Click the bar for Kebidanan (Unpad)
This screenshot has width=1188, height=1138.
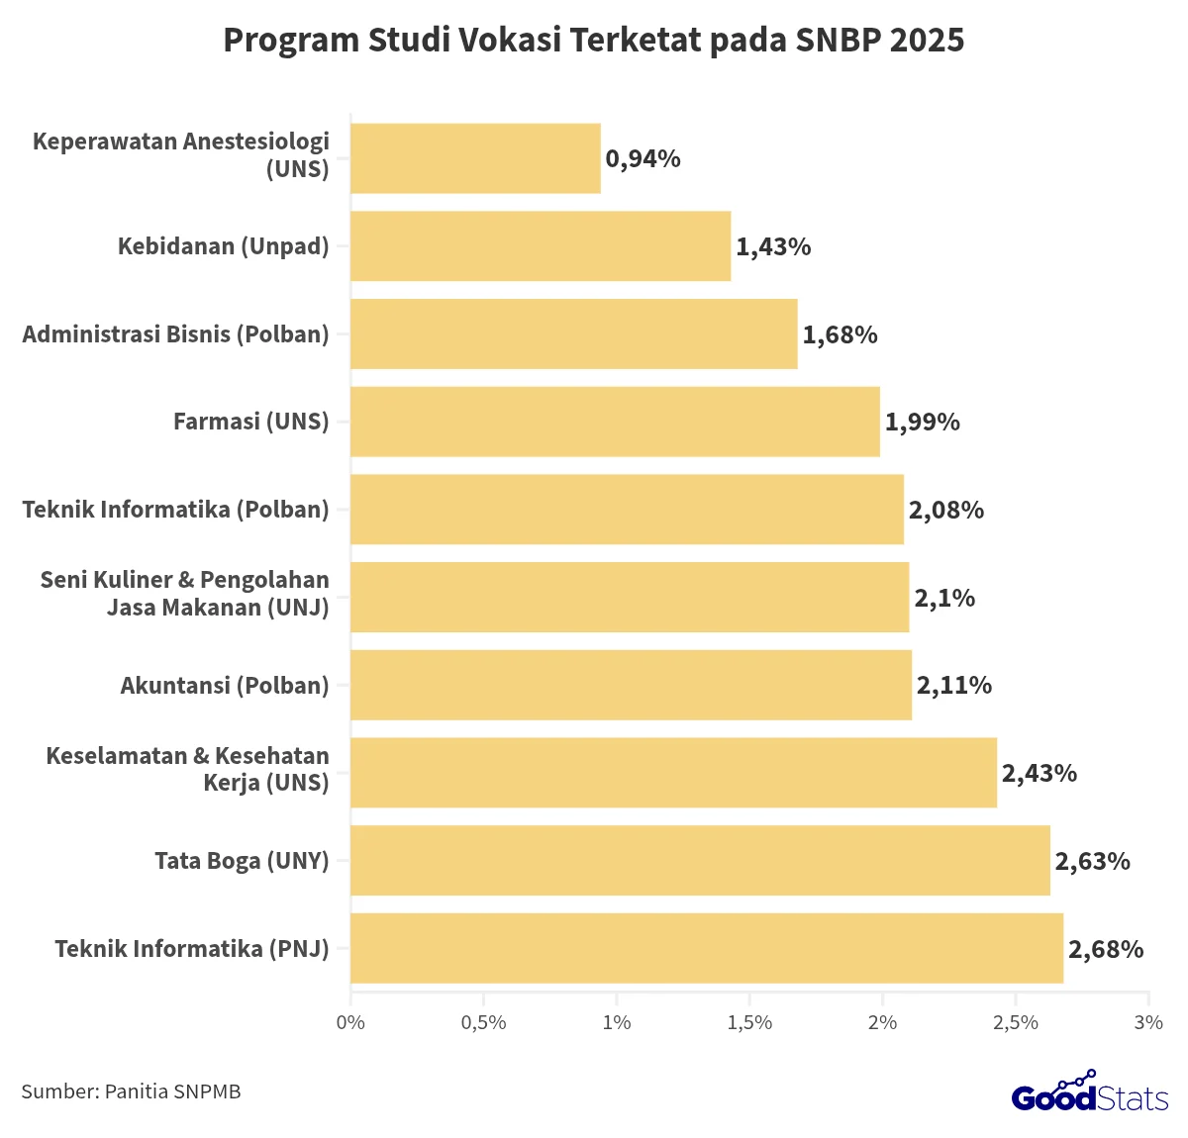point(541,246)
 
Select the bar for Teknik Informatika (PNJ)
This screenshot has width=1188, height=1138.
point(707,948)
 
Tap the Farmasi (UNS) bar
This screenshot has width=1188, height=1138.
point(615,422)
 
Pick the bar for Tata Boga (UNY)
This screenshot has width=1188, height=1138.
point(700,860)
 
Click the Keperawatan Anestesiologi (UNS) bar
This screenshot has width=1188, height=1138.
point(475,158)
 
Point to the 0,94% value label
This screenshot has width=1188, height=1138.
point(643,159)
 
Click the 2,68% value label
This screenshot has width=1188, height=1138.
point(1106,950)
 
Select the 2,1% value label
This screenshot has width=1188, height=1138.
point(944,599)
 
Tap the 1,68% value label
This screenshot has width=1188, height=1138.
point(840,335)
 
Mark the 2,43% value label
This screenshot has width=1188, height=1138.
point(1039,774)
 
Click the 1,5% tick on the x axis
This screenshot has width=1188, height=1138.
point(749,1022)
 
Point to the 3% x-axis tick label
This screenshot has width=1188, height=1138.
point(1148,1022)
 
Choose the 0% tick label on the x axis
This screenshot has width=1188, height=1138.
point(350,1022)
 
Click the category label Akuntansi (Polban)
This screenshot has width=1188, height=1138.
point(225,685)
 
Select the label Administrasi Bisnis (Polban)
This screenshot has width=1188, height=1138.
point(176,334)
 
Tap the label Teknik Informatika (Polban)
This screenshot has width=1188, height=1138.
point(176,510)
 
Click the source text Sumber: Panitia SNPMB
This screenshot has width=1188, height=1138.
point(131,1091)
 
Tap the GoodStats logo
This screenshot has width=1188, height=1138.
point(1090,1093)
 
